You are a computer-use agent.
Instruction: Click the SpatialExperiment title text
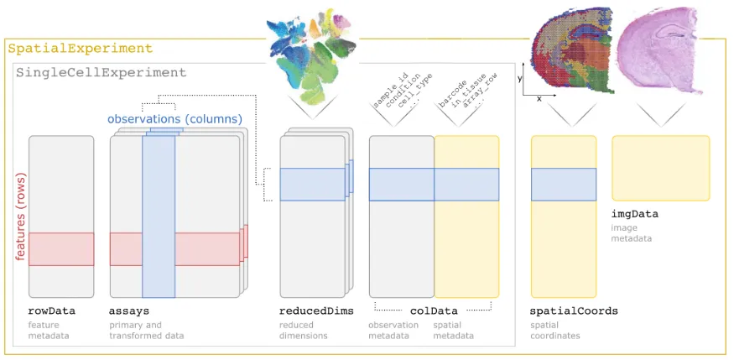click(x=81, y=49)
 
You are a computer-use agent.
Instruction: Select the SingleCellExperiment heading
click(x=101, y=73)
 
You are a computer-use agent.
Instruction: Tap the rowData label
click(x=52, y=311)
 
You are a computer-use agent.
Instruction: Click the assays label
click(x=129, y=311)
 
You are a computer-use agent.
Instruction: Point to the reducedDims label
click(x=316, y=311)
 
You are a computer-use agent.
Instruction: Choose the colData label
click(x=434, y=311)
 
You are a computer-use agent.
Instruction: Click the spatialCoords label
click(x=574, y=311)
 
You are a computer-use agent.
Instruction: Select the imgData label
click(x=635, y=214)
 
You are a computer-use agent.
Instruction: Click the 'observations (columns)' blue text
click(x=174, y=119)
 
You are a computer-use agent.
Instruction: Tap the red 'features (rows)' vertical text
click(x=20, y=217)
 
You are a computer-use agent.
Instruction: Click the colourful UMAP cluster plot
click(x=311, y=55)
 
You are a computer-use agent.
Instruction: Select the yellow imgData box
click(x=661, y=168)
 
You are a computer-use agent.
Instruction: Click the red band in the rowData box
click(x=61, y=248)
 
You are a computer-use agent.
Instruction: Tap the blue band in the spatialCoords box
click(x=564, y=185)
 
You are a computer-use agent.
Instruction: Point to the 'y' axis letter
click(x=520, y=79)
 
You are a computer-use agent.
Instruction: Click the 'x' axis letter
click(x=539, y=99)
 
